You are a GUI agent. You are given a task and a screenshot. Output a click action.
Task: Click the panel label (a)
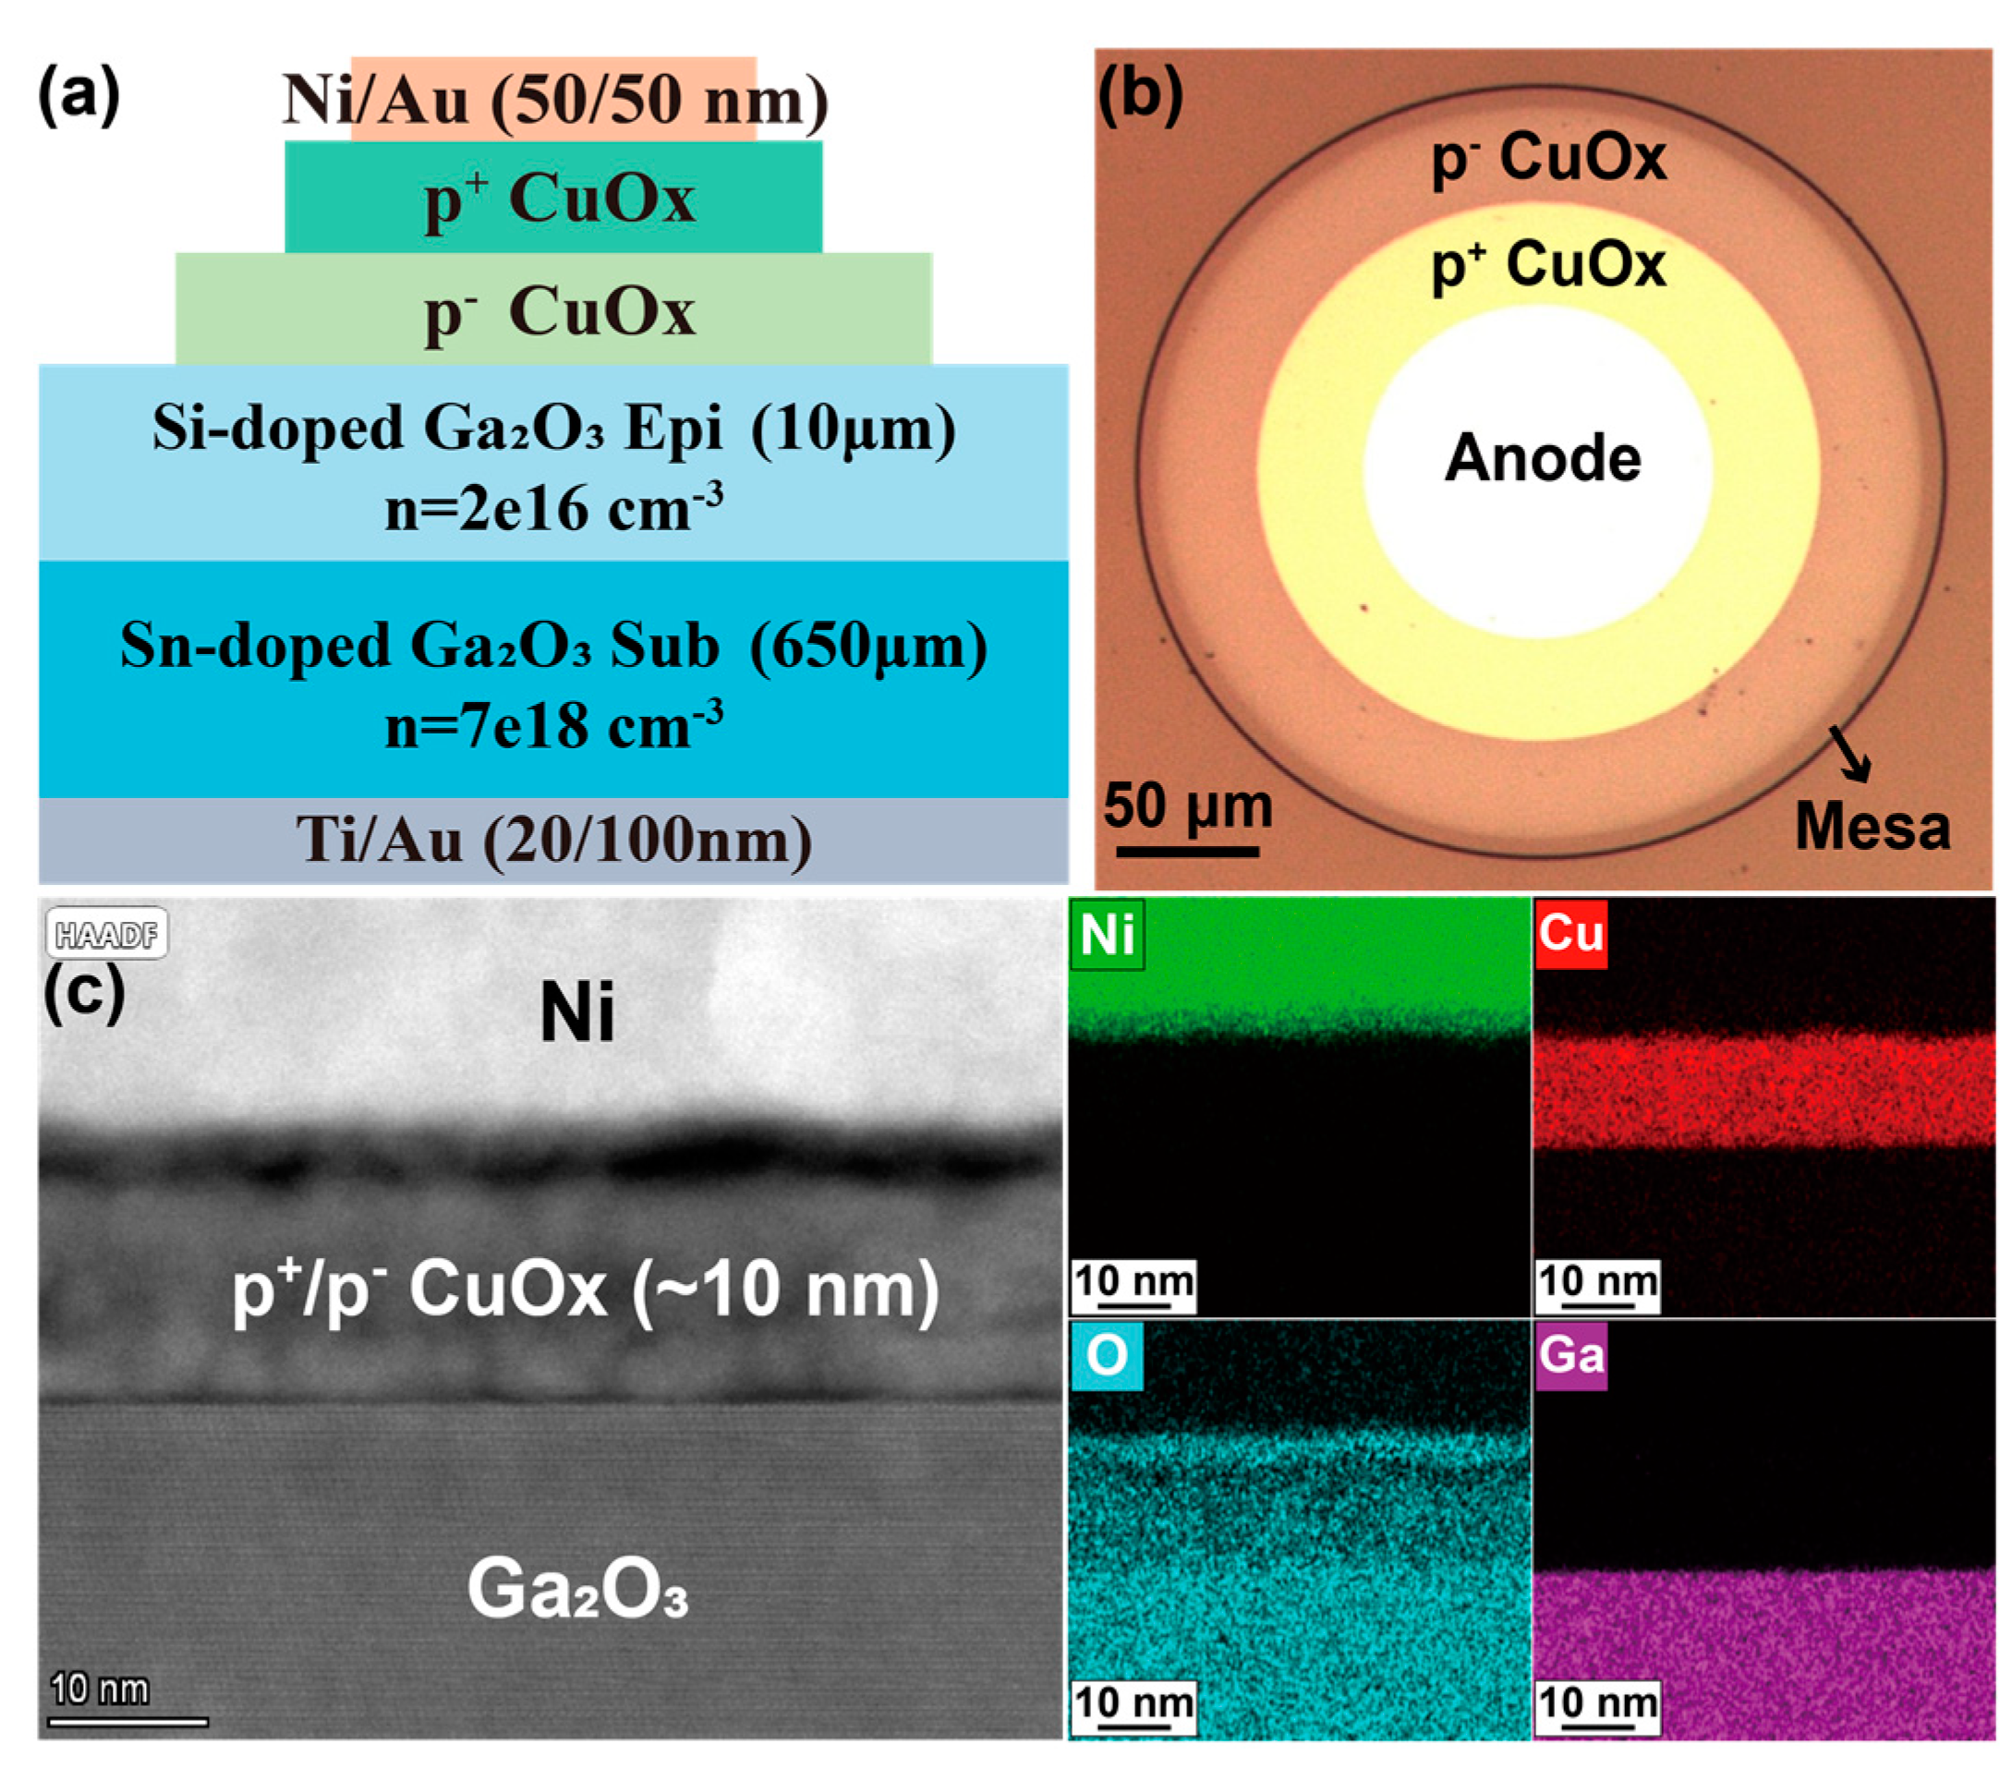79,95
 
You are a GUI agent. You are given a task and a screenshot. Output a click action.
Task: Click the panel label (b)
1140,95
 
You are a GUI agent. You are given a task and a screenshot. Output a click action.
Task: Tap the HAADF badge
106,933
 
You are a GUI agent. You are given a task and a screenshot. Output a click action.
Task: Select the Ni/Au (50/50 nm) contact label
554,100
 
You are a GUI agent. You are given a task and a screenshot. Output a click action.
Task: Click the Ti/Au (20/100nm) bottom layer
553,841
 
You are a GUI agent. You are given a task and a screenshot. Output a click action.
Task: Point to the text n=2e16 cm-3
553,508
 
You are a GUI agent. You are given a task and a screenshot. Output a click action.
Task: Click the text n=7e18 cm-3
553,725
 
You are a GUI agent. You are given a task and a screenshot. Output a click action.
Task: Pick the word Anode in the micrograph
1543,459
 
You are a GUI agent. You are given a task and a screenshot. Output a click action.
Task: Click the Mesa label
1872,825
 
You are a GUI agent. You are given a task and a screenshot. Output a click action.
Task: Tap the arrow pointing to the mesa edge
1849,753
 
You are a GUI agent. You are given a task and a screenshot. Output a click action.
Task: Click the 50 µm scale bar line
1187,851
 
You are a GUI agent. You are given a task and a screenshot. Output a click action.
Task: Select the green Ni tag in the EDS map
1107,933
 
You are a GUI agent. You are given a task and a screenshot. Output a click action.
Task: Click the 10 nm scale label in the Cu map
1597,1282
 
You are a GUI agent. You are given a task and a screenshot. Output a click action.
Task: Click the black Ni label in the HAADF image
576,1012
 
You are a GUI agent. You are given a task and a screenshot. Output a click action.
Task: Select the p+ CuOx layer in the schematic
553,197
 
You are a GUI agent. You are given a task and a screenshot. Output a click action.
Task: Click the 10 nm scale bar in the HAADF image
128,1722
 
